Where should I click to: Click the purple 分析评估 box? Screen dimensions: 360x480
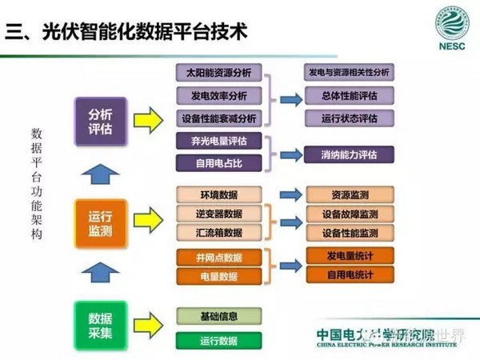click(100, 119)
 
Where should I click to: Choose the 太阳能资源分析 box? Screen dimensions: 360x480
click(218, 74)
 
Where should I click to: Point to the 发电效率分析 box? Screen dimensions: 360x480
click(218, 96)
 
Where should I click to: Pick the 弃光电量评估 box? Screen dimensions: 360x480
click(218, 142)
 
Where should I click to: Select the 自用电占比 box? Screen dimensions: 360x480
click(218, 163)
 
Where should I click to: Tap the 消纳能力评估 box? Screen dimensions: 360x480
click(349, 154)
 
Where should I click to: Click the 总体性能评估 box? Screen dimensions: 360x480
click(349, 95)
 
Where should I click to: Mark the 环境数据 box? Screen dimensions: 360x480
click(218, 195)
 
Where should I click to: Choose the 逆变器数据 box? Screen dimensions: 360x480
click(218, 214)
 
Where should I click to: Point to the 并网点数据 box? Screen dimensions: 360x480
click(218, 257)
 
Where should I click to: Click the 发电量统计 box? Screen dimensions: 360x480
click(349, 254)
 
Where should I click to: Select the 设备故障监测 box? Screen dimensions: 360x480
click(349, 214)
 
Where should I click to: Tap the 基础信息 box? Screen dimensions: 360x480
click(218, 316)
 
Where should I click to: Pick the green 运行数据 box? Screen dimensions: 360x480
click(218, 340)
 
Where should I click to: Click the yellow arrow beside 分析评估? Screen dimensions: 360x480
click(152, 120)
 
